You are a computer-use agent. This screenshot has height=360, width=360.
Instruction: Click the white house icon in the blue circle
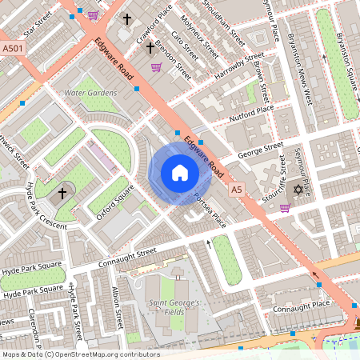179,173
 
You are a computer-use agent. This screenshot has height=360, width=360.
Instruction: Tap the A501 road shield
11,48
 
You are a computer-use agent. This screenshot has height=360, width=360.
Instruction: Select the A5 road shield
236,190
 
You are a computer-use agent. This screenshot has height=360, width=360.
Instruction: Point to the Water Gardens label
90,94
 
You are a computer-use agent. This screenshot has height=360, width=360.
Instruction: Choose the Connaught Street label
124,258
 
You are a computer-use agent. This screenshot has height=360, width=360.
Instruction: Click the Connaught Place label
301,305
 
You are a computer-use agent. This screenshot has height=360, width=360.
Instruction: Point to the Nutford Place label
252,110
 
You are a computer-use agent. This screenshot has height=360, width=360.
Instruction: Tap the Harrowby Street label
238,67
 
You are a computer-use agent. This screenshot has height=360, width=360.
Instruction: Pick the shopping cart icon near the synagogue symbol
285,209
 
